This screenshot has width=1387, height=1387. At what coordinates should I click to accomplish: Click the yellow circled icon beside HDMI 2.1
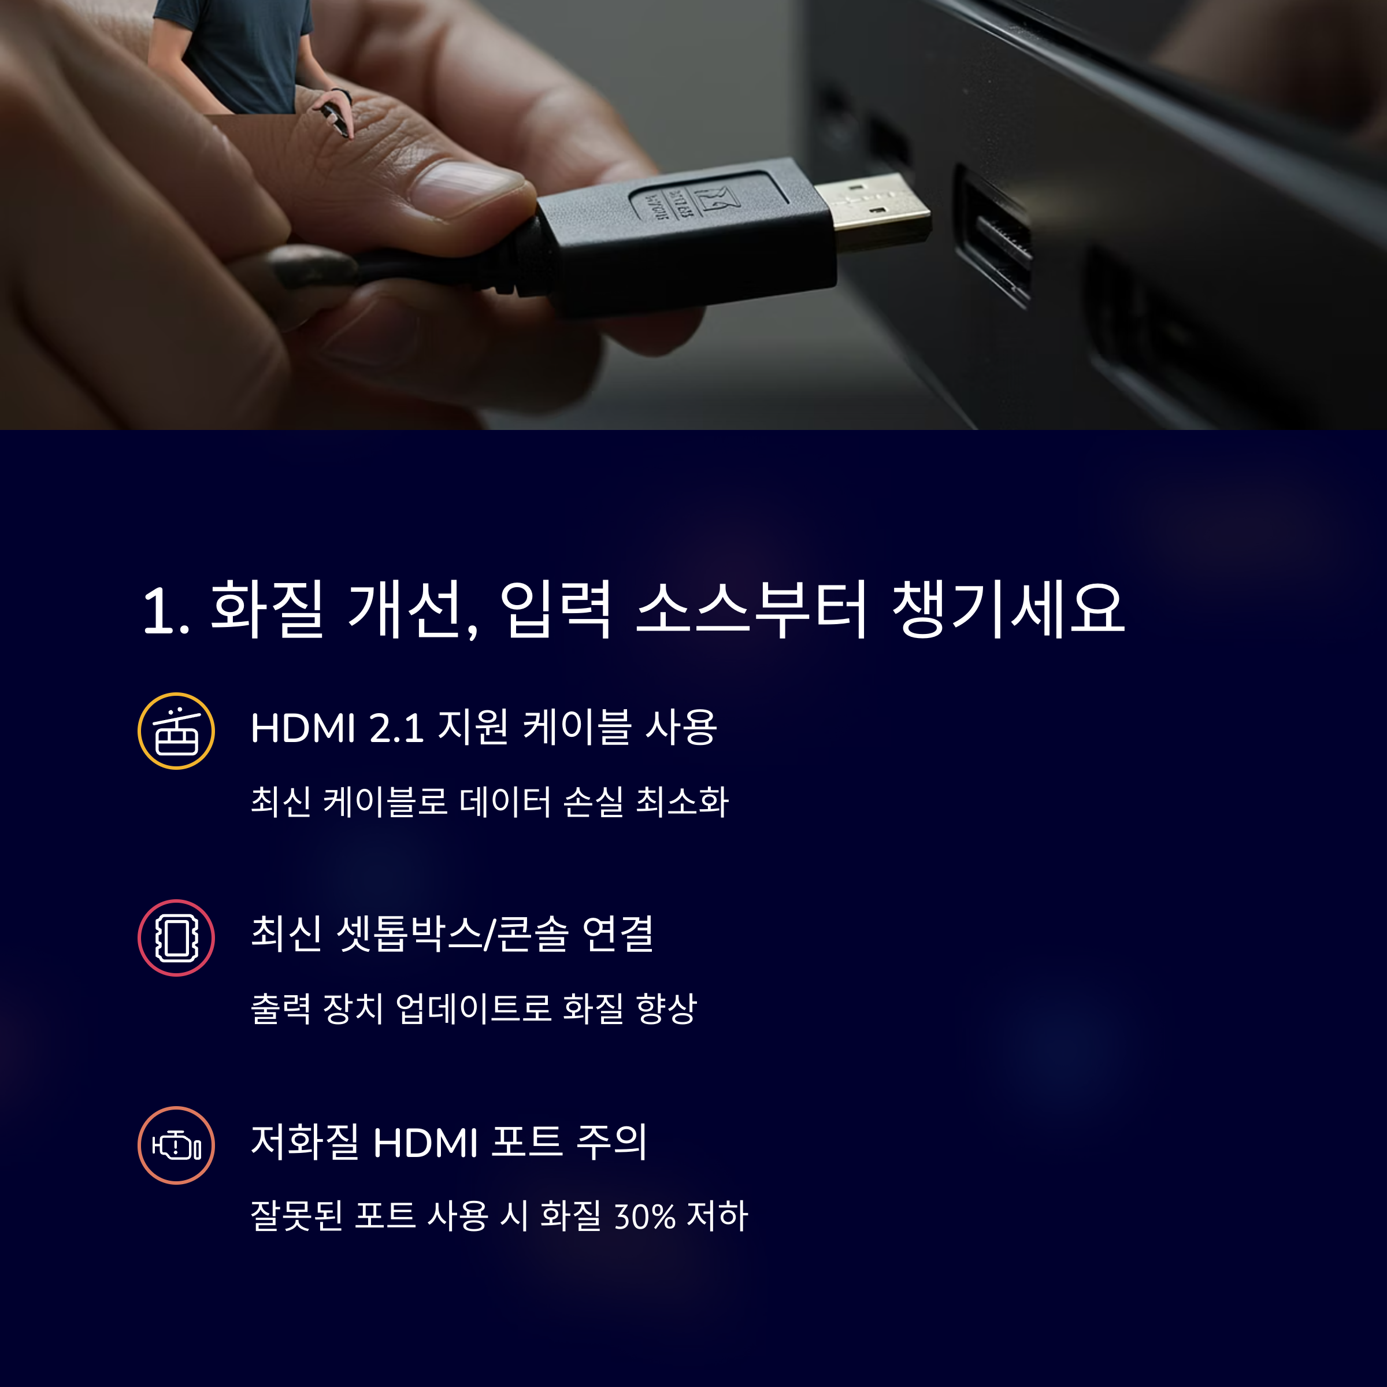[176, 731]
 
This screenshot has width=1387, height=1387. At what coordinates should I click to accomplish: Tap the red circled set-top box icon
[176, 937]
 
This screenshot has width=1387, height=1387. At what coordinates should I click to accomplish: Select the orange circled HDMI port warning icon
[176, 1145]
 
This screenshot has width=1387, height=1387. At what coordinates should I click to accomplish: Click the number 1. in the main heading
[166, 611]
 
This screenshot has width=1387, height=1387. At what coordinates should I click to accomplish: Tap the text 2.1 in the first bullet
[396, 728]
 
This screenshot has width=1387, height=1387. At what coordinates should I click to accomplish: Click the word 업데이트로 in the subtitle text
[474, 1008]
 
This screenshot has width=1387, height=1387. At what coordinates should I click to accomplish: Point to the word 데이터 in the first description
[505, 801]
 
